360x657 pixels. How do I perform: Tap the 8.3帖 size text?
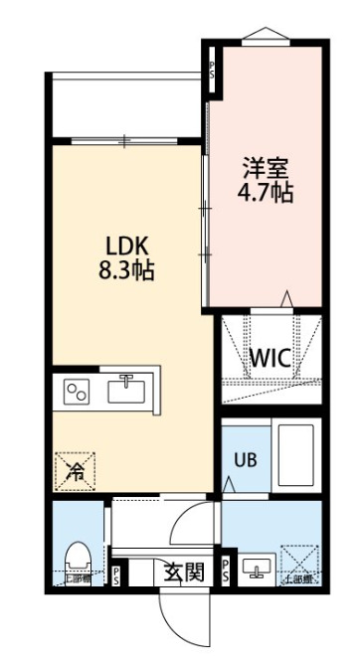tap(126, 269)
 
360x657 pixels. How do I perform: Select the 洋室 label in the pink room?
tap(264, 167)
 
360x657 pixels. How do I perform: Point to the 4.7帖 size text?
tap(264, 191)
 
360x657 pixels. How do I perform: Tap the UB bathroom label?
tap(245, 459)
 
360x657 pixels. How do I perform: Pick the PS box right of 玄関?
tap(227, 571)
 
